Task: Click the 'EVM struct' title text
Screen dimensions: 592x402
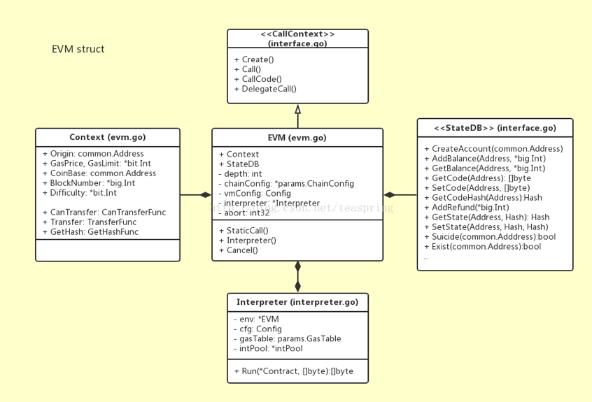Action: (x=78, y=49)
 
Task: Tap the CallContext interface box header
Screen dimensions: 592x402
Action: (x=297, y=39)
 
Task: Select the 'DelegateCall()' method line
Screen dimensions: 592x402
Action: (x=265, y=89)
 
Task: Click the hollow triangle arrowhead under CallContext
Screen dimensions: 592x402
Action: (x=297, y=109)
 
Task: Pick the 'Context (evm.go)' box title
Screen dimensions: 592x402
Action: (x=108, y=137)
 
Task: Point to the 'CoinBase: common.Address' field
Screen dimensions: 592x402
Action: (x=99, y=173)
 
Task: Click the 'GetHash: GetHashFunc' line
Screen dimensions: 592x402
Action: (x=90, y=232)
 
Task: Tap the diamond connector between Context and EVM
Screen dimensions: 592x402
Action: (x=206, y=195)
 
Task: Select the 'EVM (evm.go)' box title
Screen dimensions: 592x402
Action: (x=297, y=138)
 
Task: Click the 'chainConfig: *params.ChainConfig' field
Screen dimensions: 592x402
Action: (x=287, y=184)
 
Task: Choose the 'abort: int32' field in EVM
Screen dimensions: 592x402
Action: (x=244, y=213)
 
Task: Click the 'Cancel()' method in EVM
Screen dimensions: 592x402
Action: (x=239, y=250)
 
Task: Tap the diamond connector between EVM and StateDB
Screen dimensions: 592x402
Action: (x=390, y=195)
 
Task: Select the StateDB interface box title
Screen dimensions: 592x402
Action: (x=495, y=128)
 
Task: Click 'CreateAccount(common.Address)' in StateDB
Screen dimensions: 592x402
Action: (x=494, y=149)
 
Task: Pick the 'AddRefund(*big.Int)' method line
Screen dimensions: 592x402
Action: (x=467, y=208)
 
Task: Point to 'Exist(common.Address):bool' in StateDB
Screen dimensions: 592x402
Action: (x=483, y=247)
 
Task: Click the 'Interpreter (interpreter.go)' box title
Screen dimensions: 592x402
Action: (x=297, y=302)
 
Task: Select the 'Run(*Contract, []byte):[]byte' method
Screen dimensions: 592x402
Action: (x=294, y=371)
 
